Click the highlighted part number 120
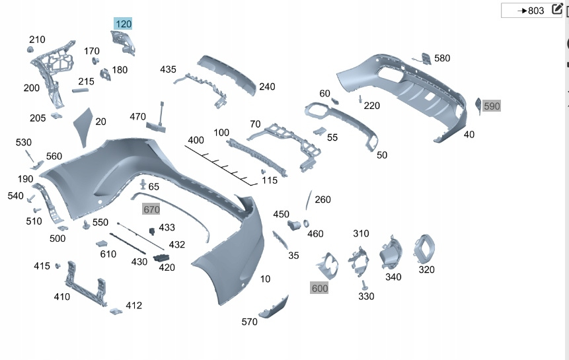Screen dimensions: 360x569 (124, 24)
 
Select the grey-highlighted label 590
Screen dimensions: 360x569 (492, 106)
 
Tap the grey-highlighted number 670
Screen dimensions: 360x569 (151, 209)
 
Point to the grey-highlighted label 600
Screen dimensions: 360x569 (319, 288)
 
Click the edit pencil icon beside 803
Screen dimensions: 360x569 (556, 9)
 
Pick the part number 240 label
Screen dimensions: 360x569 (267, 87)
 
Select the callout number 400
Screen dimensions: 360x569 (196, 140)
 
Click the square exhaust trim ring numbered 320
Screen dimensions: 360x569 (424, 249)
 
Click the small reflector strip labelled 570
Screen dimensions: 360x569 (273, 308)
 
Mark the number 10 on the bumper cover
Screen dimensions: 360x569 (265, 279)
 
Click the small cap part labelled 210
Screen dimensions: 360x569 (30, 50)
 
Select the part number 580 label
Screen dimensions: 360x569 (441, 58)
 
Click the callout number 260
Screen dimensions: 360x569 (322, 199)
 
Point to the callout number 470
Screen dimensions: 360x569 (137, 117)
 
